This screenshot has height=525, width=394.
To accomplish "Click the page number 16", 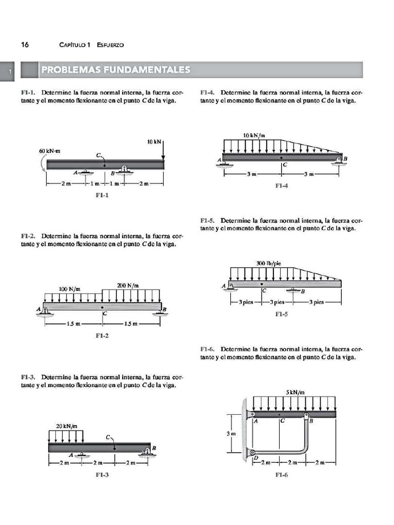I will (x=25, y=45).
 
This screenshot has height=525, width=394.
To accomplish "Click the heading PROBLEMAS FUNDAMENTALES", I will (x=115, y=70).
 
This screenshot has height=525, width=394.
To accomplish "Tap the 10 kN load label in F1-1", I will (x=153, y=141).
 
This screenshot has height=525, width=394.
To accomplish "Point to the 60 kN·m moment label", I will (x=50, y=151).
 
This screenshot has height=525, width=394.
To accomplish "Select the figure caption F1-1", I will (x=102, y=195).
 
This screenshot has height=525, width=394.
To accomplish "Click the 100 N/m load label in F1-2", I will (x=70, y=289).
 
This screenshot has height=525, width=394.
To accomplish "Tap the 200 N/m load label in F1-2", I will (x=128, y=285).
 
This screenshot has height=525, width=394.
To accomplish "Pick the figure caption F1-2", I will (x=103, y=336).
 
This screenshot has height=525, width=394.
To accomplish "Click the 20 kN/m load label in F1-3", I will (x=66, y=426).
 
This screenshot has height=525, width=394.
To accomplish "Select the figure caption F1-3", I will (x=102, y=475).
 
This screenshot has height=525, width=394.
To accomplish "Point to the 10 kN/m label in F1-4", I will (x=254, y=135).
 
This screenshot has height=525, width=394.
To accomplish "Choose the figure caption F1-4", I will (x=281, y=186).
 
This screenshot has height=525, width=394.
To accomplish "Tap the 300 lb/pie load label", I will (x=269, y=264).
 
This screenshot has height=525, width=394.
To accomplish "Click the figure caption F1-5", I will (x=281, y=314).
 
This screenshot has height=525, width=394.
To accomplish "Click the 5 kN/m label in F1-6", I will (x=295, y=392).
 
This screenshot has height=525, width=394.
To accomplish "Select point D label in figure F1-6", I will (x=256, y=458).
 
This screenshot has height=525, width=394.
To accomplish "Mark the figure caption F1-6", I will (x=281, y=475).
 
